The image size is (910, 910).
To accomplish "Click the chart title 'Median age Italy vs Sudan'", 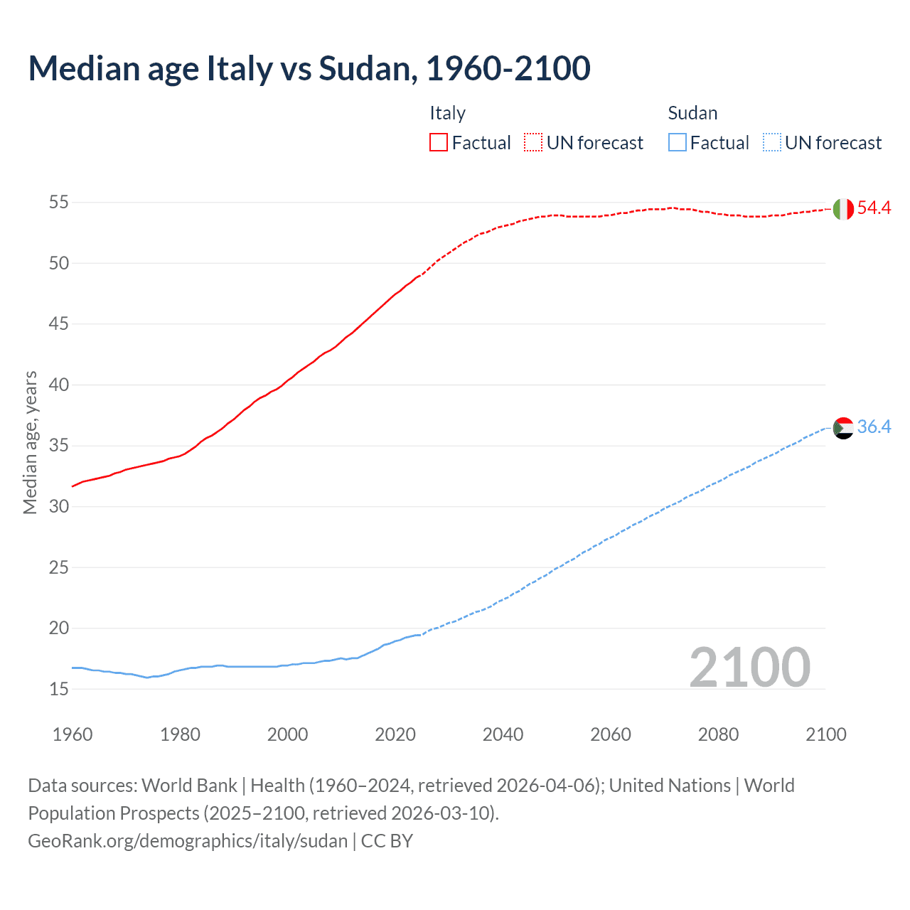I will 309,68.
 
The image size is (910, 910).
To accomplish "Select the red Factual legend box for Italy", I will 439,142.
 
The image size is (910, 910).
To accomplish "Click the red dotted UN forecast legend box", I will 533,142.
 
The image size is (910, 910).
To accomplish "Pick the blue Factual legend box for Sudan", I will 678,142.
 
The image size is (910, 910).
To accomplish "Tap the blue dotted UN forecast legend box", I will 771,142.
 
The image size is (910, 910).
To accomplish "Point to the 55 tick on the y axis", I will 58,202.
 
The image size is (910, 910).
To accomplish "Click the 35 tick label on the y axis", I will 58,446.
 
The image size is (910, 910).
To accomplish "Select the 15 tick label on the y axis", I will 58,689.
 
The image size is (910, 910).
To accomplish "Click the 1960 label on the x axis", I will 73,734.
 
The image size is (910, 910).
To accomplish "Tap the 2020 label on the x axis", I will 395,734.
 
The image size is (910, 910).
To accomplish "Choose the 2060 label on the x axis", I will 611,734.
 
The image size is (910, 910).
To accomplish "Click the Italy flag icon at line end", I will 843,209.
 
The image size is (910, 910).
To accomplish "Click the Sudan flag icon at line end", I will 843,428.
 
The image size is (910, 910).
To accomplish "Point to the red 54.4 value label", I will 874,208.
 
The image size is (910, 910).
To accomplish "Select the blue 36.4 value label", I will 874,427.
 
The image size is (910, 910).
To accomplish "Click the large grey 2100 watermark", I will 749,668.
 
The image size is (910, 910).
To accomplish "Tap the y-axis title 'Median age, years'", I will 30,442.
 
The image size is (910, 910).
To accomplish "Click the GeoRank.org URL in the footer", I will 188,840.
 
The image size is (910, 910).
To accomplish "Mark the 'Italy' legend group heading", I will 447,113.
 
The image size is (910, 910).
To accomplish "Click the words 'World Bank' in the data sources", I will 189,786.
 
